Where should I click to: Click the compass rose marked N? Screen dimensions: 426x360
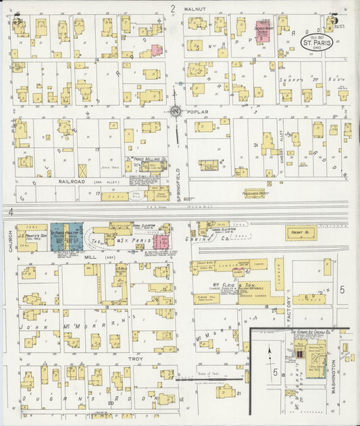(175, 110)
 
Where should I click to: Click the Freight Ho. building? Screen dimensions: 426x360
(301, 233)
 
